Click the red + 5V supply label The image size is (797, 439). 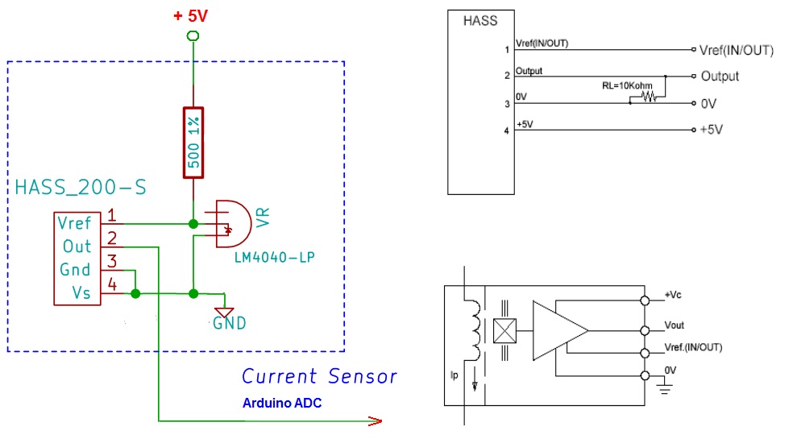191,15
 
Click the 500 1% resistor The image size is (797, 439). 193,142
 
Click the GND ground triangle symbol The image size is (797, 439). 224,312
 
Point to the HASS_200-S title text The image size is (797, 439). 81,188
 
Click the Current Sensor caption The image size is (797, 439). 319,376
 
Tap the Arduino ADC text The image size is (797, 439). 282,403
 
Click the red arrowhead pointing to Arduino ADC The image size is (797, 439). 374,420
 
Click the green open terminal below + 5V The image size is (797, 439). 192,35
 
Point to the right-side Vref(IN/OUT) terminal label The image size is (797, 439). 737,50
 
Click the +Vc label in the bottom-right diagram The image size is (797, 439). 675,295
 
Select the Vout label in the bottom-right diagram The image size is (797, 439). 674,325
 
